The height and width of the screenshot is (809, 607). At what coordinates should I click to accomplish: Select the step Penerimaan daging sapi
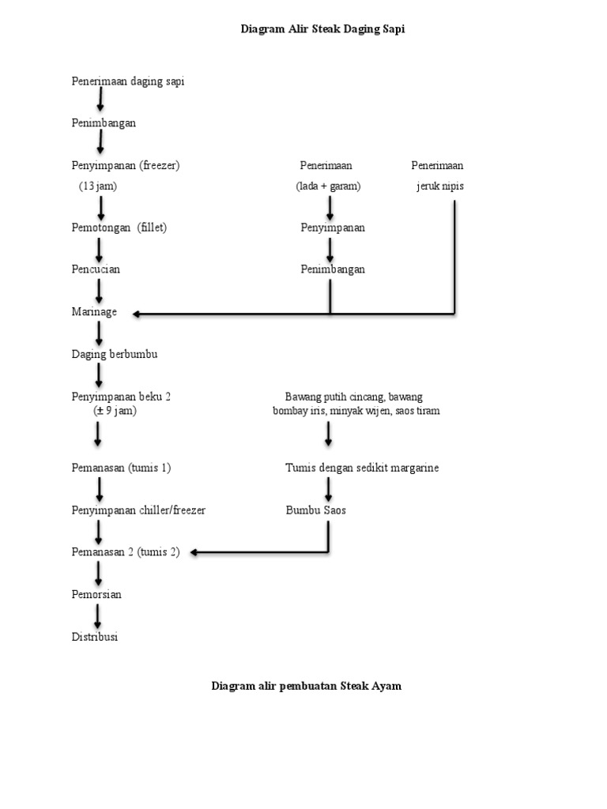click(x=128, y=81)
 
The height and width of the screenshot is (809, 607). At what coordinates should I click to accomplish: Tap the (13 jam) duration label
click(x=98, y=186)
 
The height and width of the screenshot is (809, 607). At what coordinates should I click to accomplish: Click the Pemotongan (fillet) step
click(x=119, y=228)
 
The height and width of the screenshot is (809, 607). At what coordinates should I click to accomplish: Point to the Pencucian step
click(x=96, y=269)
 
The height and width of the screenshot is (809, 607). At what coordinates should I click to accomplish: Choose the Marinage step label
click(x=94, y=312)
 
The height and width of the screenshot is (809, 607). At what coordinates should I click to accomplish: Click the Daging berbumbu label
click(x=115, y=354)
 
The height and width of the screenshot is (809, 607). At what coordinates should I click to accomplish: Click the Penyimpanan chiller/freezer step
click(x=138, y=510)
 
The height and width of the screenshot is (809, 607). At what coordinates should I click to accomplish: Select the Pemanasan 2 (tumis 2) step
click(x=126, y=552)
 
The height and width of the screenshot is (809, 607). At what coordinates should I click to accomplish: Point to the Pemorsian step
click(x=96, y=594)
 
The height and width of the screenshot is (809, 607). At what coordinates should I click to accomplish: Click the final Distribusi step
click(x=95, y=637)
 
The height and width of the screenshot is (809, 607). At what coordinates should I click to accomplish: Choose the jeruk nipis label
click(x=440, y=186)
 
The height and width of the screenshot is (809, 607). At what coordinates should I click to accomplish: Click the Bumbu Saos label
click(x=316, y=510)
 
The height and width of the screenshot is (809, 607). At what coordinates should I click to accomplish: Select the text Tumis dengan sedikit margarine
click(x=362, y=468)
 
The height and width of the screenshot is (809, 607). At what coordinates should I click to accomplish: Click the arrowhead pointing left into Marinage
click(x=138, y=314)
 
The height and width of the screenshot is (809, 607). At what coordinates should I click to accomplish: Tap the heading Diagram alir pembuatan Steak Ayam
click(x=306, y=686)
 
